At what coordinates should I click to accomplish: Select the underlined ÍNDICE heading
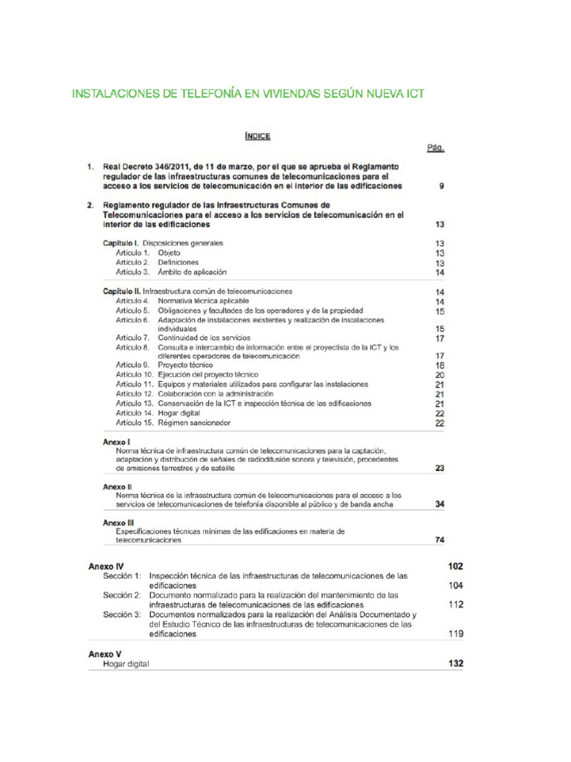click(x=257, y=135)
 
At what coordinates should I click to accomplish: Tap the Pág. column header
click(x=436, y=148)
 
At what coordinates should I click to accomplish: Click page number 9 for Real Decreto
click(x=442, y=186)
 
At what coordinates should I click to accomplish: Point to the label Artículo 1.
click(x=133, y=253)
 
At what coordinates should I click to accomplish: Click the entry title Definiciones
click(x=178, y=263)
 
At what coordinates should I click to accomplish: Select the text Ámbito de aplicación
click(x=192, y=272)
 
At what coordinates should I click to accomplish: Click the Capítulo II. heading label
click(x=121, y=292)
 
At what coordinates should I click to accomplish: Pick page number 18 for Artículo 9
click(x=439, y=365)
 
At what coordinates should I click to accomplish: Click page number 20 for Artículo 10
click(x=439, y=375)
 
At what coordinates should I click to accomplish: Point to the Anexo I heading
click(x=117, y=442)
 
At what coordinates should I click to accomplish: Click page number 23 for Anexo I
click(x=439, y=469)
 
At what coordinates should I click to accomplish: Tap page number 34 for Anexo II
click(x=439, y=504)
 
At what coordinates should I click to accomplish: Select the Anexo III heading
click(x=119, y=522)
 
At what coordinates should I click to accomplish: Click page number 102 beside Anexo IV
click(x=455, y=566)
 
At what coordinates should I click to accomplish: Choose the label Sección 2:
click(x=122, y=595)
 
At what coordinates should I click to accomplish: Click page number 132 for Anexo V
click(x=455, y=663)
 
